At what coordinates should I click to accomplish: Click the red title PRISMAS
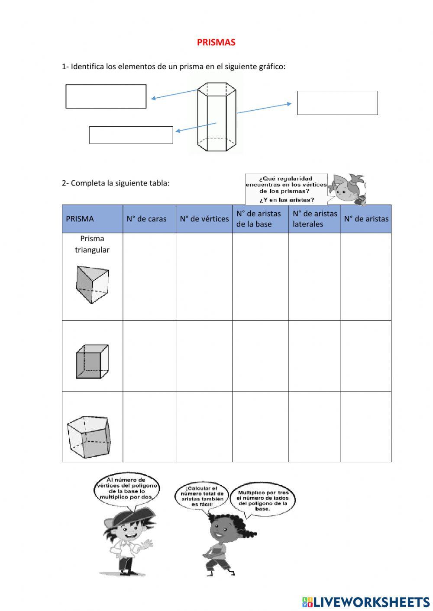(x=216, y=42)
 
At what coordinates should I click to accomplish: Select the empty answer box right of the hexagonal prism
(x=337, y=103)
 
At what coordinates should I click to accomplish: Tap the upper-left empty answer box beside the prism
(x=106, y=96)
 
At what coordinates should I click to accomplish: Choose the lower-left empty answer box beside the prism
(x=131, y=135)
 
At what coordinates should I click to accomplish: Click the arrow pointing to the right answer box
(x=264, y=108)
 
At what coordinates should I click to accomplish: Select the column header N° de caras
(x=146, y=219)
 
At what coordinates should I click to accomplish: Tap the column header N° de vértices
(x=204, y=219)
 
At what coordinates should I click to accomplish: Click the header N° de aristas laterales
(x=314, y=219)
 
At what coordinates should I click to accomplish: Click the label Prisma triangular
(x=92, y=244)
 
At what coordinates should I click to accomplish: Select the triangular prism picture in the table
(x=92, y=284)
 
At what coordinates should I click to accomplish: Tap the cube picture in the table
(x=92, y=361)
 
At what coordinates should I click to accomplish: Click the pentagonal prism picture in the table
(x=89, y=437)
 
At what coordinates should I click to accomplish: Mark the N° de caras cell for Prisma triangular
(x=149, y=277)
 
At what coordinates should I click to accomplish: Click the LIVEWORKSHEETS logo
(x=366, y=602)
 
